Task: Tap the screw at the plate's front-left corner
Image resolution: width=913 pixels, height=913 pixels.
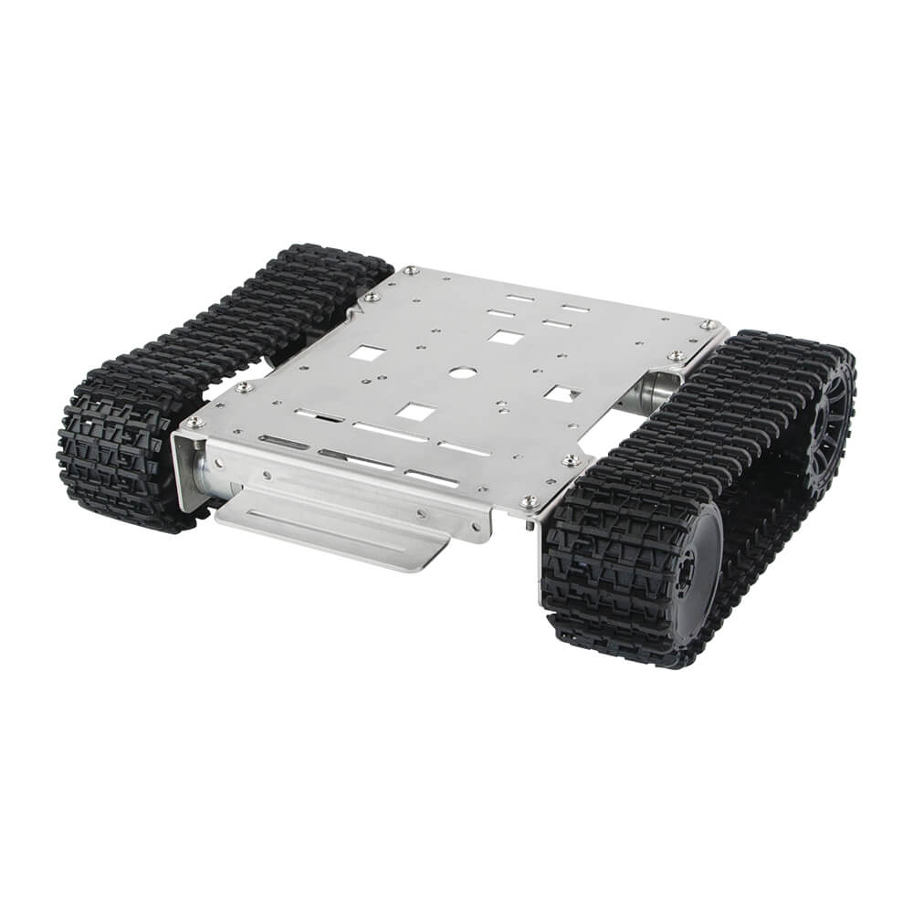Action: pos(193,422)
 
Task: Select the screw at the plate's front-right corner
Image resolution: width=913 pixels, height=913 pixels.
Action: pos(528,501)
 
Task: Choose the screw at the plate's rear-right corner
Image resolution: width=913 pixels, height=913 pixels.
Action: pos(707,323)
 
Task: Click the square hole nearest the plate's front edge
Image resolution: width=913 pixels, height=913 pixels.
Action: pos(413,413)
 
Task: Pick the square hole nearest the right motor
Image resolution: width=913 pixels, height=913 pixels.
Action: pos(561,394)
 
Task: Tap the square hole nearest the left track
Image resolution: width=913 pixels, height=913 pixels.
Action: pos(370,353)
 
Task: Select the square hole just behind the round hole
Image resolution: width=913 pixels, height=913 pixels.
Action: pos(503,337)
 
